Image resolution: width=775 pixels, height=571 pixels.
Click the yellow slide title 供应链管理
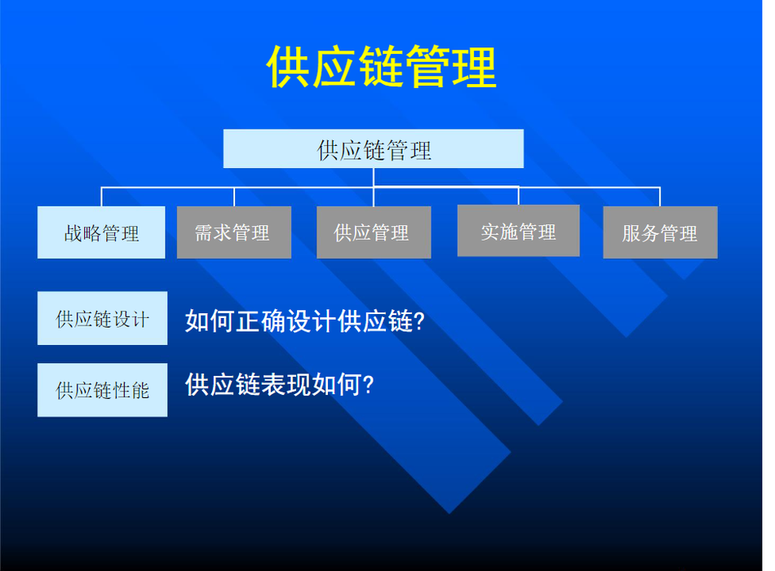[x=381, y=67]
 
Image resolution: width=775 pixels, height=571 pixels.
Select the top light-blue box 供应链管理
[x=373, y=148]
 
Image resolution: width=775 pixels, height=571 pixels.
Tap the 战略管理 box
[x=101, y=232]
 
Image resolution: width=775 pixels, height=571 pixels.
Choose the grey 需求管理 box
[x=234, y=232]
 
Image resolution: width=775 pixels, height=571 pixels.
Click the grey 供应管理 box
[x=374, y=232]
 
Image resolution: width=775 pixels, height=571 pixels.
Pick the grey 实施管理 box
[x=519, y=231]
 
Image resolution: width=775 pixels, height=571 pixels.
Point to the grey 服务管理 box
[x=660, y=232]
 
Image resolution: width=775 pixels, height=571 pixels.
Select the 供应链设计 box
[x=102, y=318]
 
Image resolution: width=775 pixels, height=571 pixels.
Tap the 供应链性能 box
[x=102, y=390]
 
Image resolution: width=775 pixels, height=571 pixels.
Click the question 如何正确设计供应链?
[x=305, y=321]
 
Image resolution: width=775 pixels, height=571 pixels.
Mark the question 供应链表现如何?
[x=279, y=384]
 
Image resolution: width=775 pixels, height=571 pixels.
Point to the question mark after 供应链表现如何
[x=368, y=385]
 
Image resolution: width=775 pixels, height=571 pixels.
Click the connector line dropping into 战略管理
[x=101, y=197]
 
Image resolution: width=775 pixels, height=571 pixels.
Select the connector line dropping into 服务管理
[x=660, y=197]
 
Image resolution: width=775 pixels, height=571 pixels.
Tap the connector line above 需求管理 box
[x=234, y=197]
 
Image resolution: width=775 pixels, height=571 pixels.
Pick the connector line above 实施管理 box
[x=519, y=196]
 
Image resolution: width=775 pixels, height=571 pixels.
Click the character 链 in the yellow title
[x=381, y=67]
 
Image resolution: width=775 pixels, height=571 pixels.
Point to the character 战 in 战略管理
[x=73, y=233]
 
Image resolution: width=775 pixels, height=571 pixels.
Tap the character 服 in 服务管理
[x=631, y=233]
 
